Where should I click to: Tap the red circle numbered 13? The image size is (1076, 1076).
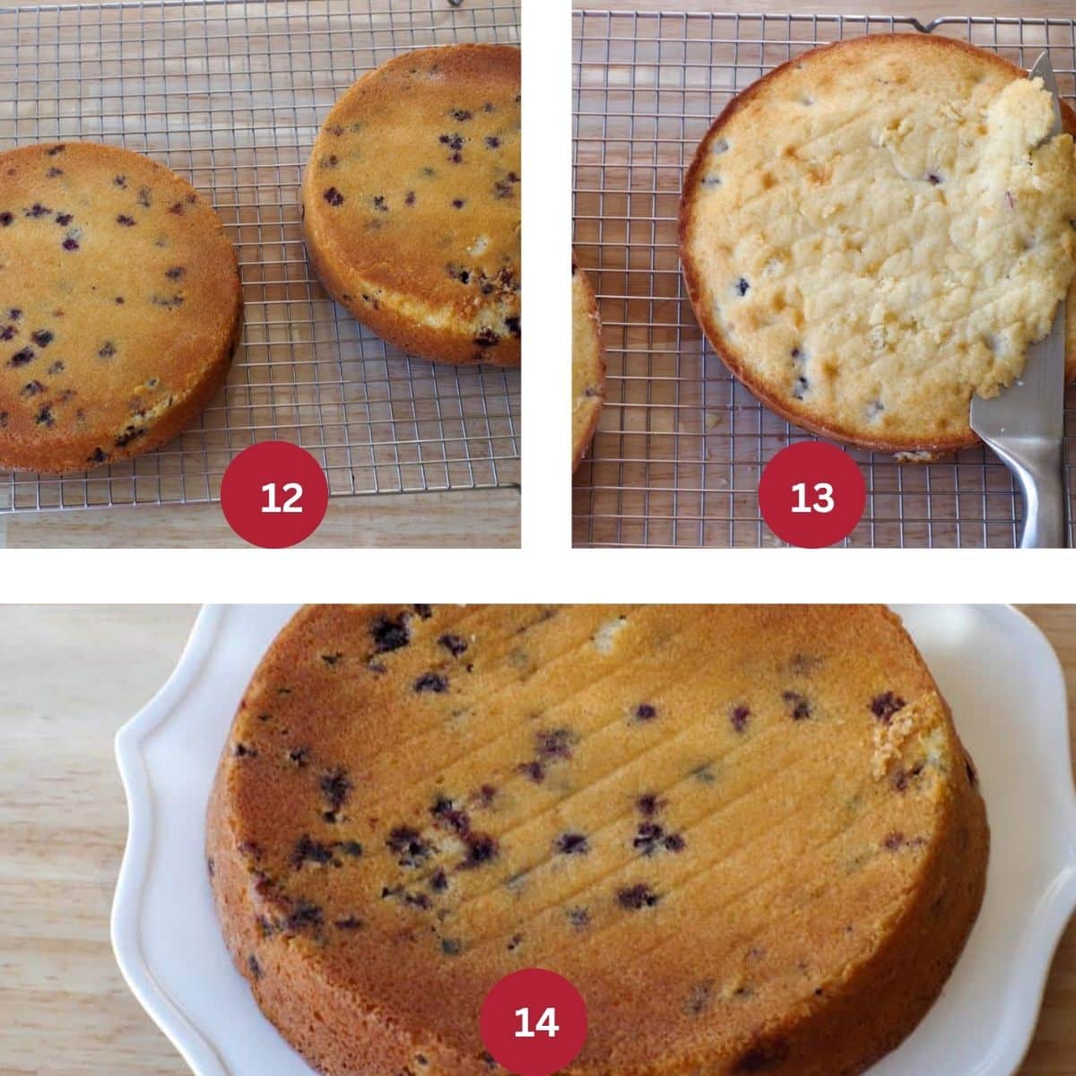811,495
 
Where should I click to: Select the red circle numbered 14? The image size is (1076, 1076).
534,1021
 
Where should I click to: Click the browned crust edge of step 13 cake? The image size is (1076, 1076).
695,269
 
